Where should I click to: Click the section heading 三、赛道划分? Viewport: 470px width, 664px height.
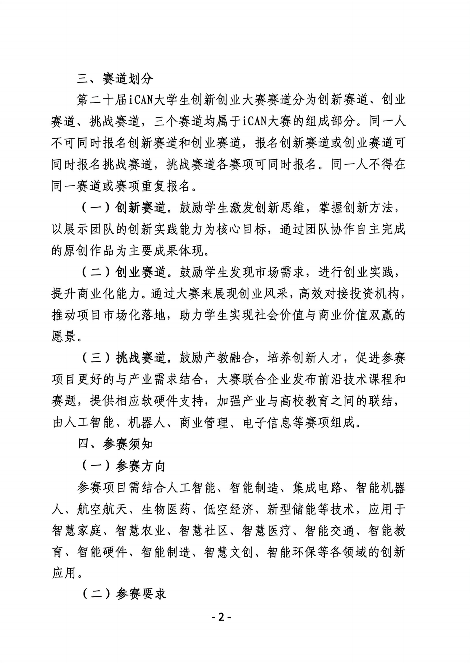[x=115, y=79]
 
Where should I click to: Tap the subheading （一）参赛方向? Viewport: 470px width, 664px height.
[x=123, y=466]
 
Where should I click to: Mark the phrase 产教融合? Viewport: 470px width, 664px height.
[x=229, y=358]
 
